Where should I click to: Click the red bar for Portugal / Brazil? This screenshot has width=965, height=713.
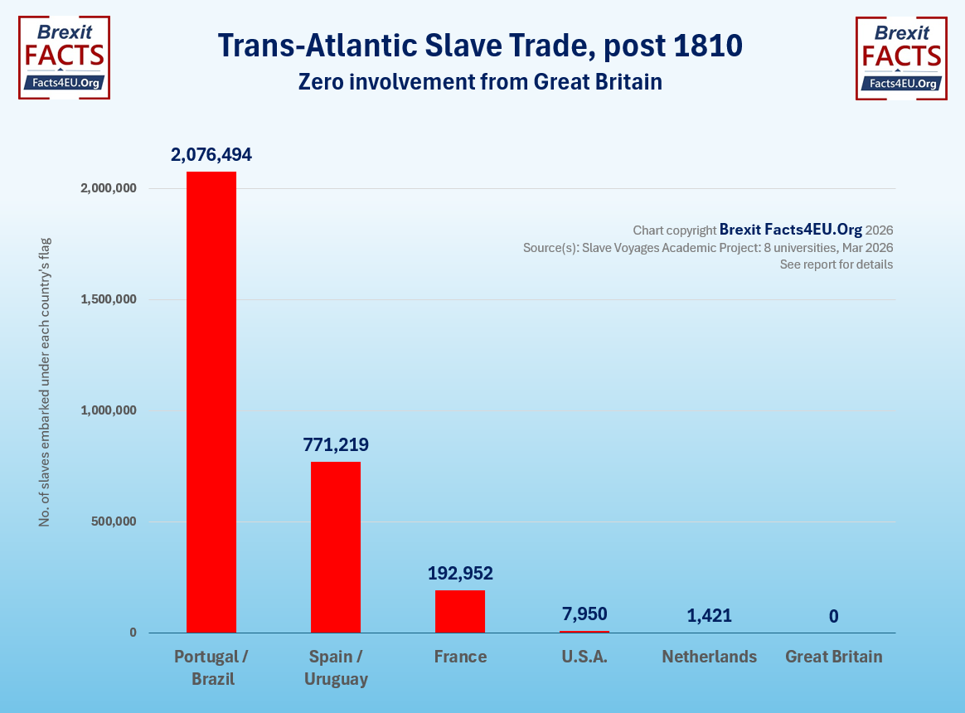211,402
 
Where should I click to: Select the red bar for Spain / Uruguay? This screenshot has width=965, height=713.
336,547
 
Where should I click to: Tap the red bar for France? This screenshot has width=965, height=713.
460,611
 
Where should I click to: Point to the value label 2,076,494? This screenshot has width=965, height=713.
211,154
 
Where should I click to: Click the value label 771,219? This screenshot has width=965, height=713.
336,445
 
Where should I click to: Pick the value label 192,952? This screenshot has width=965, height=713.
460,573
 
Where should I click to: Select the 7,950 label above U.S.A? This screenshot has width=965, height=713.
584,614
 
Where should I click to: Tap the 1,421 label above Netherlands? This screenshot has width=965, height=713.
710,616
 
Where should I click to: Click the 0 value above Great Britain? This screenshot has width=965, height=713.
834,616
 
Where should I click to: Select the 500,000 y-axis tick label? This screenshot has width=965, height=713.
113,521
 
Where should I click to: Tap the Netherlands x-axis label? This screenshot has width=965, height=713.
710,657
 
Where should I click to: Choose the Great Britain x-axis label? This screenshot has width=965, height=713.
834,657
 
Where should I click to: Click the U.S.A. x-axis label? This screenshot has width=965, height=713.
584,657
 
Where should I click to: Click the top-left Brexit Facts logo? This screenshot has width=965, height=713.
64,57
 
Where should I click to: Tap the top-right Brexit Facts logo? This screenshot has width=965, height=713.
901,57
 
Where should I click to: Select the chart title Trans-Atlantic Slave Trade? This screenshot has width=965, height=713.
480,46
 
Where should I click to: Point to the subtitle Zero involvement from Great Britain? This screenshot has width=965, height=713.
480,82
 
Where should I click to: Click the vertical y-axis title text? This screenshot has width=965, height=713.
46,381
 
